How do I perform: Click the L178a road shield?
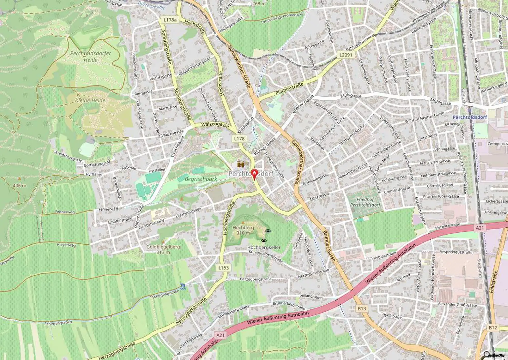tap(170, 20)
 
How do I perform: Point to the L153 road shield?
tap(224, 268)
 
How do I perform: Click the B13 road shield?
tap(362, 308)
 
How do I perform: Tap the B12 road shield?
tap(493, 328)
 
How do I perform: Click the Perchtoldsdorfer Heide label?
tap(90, 56)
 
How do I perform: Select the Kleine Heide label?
tap(90, 100)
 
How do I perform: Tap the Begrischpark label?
tap(201, 179)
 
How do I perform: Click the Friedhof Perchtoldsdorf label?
tap(365, 202)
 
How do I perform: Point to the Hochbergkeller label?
tap(264, 247)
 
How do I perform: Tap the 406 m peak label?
tap(20, 185)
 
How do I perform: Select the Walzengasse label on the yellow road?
tap(215, 126)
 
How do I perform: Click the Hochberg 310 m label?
tap(243, 230)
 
